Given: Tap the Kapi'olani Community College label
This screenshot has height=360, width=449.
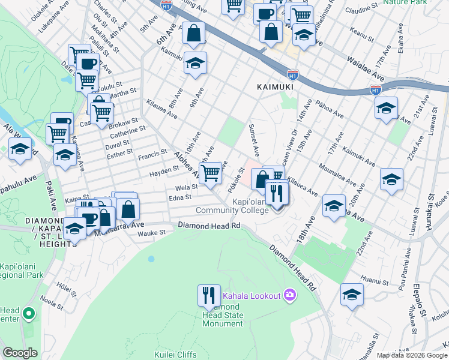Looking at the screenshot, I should (x=232, y=206).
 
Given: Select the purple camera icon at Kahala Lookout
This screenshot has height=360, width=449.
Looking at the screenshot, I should (x=291, y=295).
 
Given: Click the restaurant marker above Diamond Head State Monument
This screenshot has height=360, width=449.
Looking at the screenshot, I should (x=209, y=295).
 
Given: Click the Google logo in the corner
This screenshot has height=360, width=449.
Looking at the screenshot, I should (x=20, y=353).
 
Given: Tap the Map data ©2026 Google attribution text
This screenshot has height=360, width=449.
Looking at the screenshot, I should (x=412, y=355).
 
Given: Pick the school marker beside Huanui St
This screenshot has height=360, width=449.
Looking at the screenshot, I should (x=352, y=294).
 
